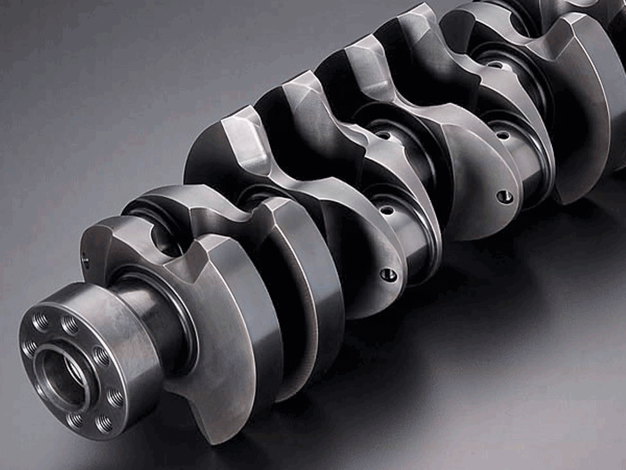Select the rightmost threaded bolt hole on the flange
(x=115, y=398)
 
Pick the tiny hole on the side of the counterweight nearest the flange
(x=85, y=260)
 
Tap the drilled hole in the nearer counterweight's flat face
(x=388, y=275)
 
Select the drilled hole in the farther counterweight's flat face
(x=505, y=196)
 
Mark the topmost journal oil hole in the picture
(x=495, y=64)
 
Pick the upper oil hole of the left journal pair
(x=384, y=135)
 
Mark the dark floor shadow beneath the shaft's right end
(x=546, y=270)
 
